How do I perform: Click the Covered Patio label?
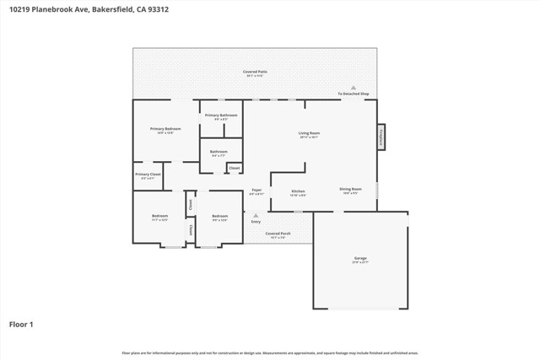click(x=255, y=73)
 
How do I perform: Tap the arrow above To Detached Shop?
click(x=354, y=88)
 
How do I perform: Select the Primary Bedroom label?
click(x=165, y=129)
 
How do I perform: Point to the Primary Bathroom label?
click(x=221, y=115)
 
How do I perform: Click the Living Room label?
click(x=309, y=133)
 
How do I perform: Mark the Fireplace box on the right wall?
click(x=381, y=137)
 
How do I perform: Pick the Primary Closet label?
click(x=148, y=175)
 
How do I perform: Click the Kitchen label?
click(x=298, y=191)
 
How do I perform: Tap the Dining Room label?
click(x=350, y=189)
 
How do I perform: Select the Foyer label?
click(x=256, y=191)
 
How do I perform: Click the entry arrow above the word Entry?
click(x=256, y=216)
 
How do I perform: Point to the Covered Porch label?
click(x=278, y=234)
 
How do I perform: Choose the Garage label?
click(x=360, y=258)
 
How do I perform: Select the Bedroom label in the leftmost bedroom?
click(x=159, y=217)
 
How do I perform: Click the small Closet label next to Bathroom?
click(x=234, y=169)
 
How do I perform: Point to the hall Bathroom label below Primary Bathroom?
click(x=219, y=152)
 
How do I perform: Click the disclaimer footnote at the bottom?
click(x=270, y=353)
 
